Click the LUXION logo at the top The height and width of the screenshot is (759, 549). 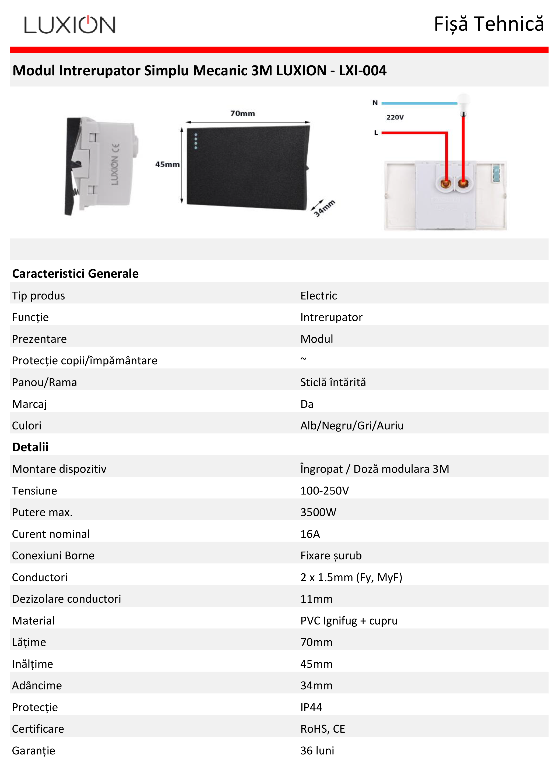point(70,24)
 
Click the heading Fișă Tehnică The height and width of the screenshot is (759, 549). point(488,24)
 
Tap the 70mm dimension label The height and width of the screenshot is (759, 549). point(242,114)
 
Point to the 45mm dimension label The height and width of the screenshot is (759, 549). point(167,164)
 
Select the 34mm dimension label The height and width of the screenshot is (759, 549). point(324,208)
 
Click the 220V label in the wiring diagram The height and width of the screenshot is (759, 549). point(395,117)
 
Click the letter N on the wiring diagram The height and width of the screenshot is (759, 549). point(375,103)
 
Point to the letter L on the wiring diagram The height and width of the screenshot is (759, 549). point(376,133)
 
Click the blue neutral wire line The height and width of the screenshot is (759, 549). point(419,103)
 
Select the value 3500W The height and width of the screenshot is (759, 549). point(318,512)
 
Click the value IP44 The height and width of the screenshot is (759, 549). point(311,707)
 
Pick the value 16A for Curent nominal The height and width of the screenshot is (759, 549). point(310,534)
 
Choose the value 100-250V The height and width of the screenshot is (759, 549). point(324,490)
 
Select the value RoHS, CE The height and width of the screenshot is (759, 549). point(322,729)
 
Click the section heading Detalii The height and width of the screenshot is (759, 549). point(30,447)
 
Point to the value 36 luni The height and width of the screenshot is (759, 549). point(317,751)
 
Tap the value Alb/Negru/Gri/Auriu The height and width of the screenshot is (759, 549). point(352,426)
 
